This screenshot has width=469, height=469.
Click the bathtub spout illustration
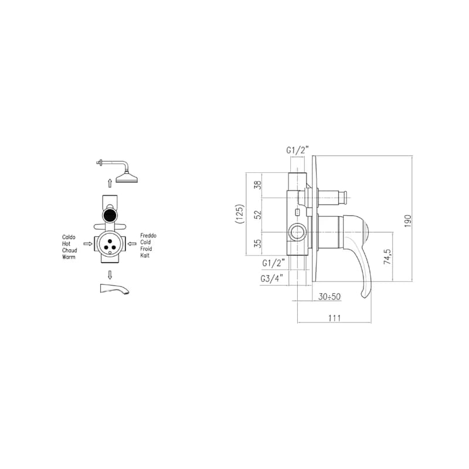tap(115, 289)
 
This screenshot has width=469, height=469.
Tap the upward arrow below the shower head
tap(110, 183)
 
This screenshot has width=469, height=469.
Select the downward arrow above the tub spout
tap(110, 275)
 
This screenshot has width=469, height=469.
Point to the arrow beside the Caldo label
tap(88, 244)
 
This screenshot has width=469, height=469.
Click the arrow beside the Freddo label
tap(132, 244)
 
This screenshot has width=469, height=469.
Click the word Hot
tap(66, 244)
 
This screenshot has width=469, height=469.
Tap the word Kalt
tap(145, 256)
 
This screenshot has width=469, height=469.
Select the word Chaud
tap(70, 250)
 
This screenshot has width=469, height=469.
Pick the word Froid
tap(146, 249)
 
